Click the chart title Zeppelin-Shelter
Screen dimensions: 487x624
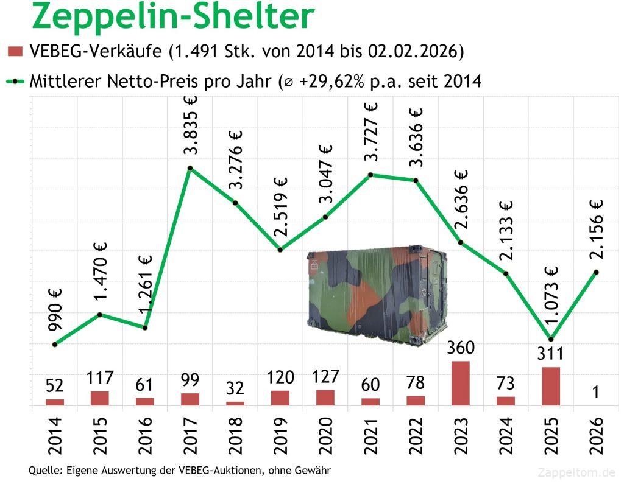173,16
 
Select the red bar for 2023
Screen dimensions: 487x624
461,383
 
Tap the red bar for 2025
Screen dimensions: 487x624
551,386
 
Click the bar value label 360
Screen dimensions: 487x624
461,349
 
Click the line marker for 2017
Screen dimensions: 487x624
190,168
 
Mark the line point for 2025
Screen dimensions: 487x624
551,339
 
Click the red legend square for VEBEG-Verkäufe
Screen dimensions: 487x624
15,51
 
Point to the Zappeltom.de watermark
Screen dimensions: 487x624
576,472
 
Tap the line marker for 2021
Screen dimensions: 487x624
370,175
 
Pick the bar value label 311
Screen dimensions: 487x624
551,354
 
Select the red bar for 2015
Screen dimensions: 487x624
100,398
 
